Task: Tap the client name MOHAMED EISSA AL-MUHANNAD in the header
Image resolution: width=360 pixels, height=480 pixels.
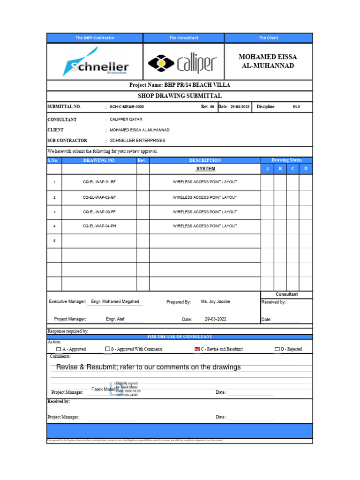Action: pos(268,61)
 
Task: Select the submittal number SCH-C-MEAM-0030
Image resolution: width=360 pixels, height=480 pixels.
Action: pos(127,107)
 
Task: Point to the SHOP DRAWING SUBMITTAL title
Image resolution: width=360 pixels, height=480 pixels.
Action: pos(180,96)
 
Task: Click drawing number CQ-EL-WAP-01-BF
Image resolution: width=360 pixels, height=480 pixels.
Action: pos(99,182)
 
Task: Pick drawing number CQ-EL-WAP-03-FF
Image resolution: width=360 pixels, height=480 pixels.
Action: pos(99,212)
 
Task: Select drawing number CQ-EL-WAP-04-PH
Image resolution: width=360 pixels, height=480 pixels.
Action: pos(99,226)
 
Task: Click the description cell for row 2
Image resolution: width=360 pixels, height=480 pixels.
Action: pos(205,197)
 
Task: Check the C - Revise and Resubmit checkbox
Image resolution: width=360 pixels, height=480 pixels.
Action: pos(197,349)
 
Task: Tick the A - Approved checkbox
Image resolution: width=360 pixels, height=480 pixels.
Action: pos(59,349)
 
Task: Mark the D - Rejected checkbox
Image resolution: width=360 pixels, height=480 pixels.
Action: pos(277,349)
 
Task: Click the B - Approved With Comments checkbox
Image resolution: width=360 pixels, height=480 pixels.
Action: pos(108,349)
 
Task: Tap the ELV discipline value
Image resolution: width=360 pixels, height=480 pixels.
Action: pos(297,107)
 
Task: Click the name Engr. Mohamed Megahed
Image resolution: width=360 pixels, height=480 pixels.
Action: pos(115,302)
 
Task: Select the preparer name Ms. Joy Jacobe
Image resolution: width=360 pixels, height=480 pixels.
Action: pos(216,302)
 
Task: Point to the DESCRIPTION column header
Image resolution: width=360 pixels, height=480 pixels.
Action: pos(205,160)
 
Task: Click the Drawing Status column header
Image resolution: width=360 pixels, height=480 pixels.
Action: pos(286,160)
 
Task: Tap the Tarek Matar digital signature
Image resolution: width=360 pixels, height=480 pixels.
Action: pos(117,389)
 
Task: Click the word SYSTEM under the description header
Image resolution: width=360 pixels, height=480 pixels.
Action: pos(205,169)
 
